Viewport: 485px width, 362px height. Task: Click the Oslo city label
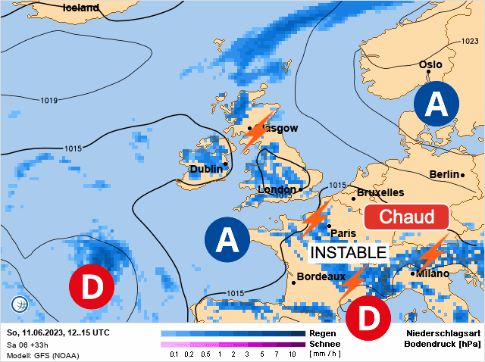(430, 64)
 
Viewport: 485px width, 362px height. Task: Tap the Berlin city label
(444, 174)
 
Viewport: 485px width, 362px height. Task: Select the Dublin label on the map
(205, 169)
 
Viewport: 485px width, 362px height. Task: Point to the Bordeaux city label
(321, 277)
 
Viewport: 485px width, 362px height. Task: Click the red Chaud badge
(407, 217)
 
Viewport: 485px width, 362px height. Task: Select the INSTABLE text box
(349, 251)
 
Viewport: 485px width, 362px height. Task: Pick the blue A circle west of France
(227, 241)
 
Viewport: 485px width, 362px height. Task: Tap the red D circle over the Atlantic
(91, 288)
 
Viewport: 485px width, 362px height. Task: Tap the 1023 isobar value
(470, 42)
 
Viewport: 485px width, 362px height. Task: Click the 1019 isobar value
(50, 101)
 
